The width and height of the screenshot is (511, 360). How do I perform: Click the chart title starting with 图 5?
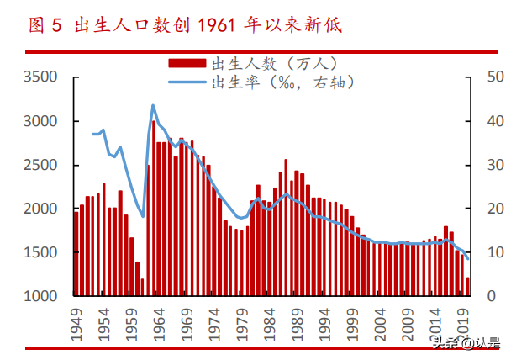[x=185, y=24]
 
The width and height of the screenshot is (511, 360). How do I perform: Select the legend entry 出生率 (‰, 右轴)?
[x=282, y=82]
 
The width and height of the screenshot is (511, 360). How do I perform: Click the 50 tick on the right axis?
[x=495, y=77]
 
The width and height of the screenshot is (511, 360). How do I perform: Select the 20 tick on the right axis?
[x=495, y=209]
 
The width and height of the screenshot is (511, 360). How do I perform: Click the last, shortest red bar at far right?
[x=468, y=287]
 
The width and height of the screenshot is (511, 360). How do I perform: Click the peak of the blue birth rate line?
[x=153, y=105]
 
